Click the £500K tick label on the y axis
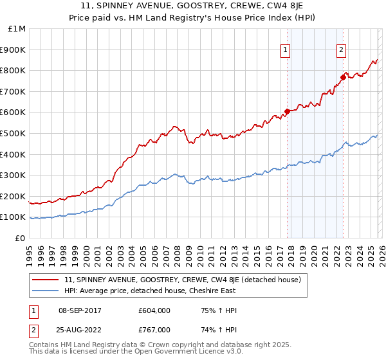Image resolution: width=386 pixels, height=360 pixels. (x=14, y=133)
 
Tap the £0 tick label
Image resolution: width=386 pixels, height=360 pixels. (x=20, y=238)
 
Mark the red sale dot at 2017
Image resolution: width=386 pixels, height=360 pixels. (x=287, y=111)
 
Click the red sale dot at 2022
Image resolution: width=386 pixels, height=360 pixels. (x=343, y=77)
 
